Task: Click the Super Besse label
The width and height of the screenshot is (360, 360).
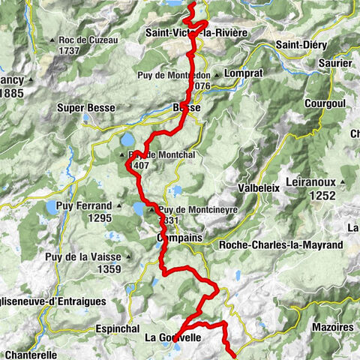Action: tap(85, 108)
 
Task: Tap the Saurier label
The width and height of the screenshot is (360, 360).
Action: tap(334, 64)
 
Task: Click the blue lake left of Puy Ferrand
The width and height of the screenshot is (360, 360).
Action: tap(51, 206)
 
